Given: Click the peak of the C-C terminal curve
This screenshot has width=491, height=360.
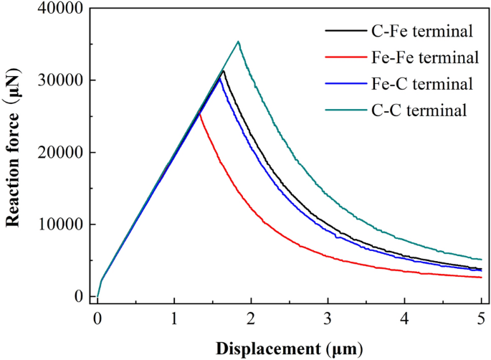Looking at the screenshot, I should (238, 42).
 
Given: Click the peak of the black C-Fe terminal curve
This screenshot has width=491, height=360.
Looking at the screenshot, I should (223, 71).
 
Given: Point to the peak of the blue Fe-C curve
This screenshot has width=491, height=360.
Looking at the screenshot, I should (219, 78).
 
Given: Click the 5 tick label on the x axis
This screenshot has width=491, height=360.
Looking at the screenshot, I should (481, 318).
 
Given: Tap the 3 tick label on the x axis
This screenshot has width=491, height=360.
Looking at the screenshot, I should (328, 318).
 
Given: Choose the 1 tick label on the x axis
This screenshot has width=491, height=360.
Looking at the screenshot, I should (174, 318).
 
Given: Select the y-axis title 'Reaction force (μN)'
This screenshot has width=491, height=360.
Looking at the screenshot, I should (13, 152).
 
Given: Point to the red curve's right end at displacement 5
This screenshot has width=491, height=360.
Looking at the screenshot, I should (481, 277).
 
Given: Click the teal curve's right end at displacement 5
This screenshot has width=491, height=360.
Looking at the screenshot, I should (481, 259).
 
